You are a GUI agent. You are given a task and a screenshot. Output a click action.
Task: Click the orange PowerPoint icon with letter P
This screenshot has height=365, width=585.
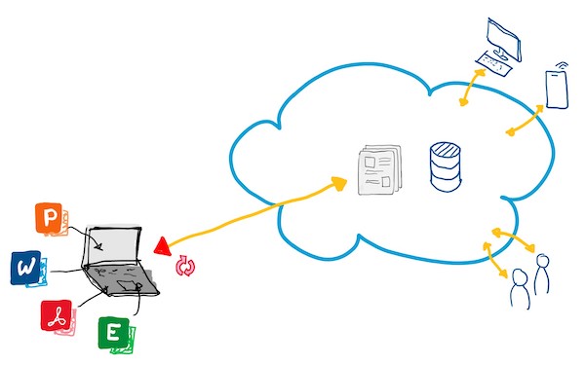pyautogui.click(x=49, y=218)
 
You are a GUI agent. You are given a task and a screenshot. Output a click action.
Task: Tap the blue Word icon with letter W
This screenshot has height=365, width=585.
pyautogui.click(x=25, y=268)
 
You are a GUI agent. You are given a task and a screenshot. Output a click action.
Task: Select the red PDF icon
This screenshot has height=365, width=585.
pyautogui.click(x=57, y=315)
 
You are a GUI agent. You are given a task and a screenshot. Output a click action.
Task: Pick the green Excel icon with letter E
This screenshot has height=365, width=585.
pyautogui.click(x=113, y=333)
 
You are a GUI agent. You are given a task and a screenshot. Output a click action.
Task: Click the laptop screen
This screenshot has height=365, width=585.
pyautogui.click(x=113, y=244)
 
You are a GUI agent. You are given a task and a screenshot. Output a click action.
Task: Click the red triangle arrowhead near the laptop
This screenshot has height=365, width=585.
pyautogui.click(x=163, y=246)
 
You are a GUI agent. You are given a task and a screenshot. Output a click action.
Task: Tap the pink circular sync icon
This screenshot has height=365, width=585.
pyautogui.click(x=185, y=266)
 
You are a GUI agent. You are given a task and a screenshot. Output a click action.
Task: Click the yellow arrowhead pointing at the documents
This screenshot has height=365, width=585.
pyautogui.click(x=338, y=183)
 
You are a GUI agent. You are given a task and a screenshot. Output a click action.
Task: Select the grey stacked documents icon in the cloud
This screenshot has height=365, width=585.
pyautogui.click(x=379, y=169)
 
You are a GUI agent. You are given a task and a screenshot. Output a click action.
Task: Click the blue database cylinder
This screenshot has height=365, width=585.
pyautogui.click(x=446, y=166)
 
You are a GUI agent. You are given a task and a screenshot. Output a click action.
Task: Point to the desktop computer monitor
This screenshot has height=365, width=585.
pyautogui.click(x=503, y=39)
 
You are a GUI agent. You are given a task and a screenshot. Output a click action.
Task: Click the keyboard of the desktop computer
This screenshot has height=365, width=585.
pyautogui.click(x=492, y=64)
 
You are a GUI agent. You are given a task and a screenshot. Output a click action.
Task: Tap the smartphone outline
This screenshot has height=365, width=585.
pyautogui.click(x=557, y=90)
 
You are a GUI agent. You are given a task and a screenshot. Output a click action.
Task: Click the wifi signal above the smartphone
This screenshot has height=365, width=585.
pyautogui.click(x=562, y=65)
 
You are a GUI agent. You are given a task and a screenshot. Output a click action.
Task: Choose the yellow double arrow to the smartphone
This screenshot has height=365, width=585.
pyautogui.click(x=526, y=121)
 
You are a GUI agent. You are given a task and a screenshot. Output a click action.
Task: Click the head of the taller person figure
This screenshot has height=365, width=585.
pyautogui.click(x=542, y=260)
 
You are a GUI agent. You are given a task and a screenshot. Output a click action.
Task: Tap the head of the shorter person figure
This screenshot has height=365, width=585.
pyautogui.click(x=520, y=276)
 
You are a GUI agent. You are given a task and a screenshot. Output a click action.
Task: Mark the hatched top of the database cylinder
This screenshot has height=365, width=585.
pyautogui.click(x=446, y=149)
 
